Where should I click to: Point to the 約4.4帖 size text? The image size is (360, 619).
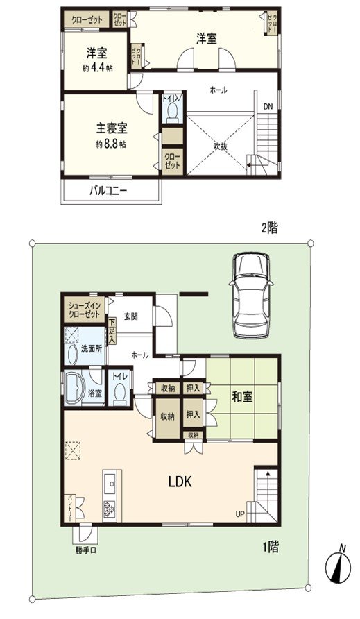point(96,67)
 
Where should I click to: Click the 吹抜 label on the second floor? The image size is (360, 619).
point(221,146)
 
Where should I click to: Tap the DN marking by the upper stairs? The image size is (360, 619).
point(268,106)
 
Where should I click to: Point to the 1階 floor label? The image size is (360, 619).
point(269,548)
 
